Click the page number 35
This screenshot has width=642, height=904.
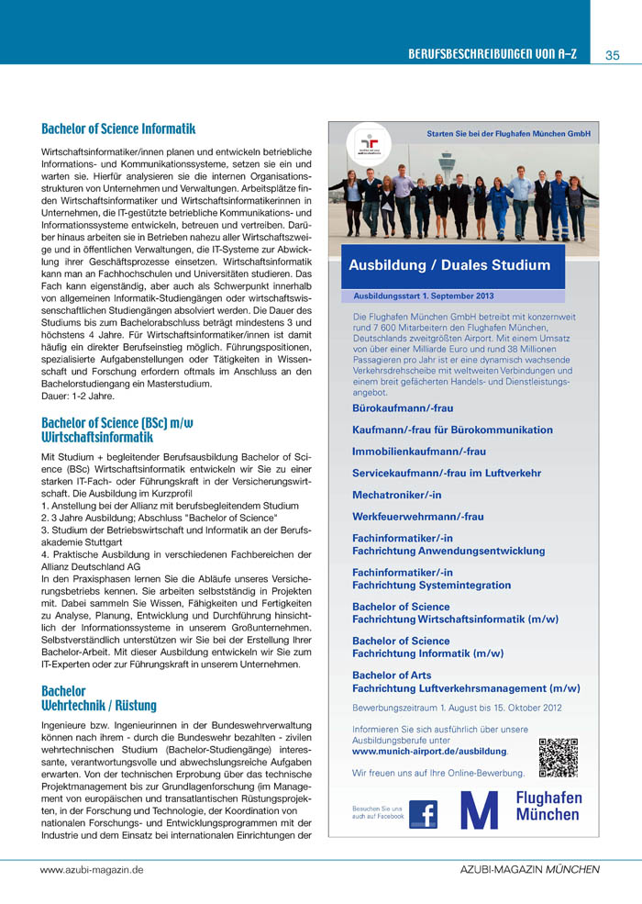click(x=614, y=55)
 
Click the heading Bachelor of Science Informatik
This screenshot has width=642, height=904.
click(x=118, y=129)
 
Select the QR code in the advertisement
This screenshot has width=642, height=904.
click(x=558, y=756)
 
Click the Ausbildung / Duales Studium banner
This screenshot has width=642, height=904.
click(x=449, y=266)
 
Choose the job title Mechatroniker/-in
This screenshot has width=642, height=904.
click(x=394, y=495)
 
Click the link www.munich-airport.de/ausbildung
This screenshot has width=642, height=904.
click(x=429, y=751)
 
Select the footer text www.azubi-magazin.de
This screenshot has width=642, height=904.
click(x=92, y=868)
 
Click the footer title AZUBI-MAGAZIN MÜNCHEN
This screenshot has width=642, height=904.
click(x=529, y=868)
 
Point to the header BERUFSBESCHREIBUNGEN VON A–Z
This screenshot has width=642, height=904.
click(x=493, y=55)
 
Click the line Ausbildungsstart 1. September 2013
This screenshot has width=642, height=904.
click(x=423, y=296)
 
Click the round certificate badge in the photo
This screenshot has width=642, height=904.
click(x=368, y=145)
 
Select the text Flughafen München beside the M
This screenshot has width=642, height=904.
click(x=548, y=807)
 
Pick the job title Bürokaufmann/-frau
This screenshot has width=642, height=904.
click(x=402, y=407)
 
